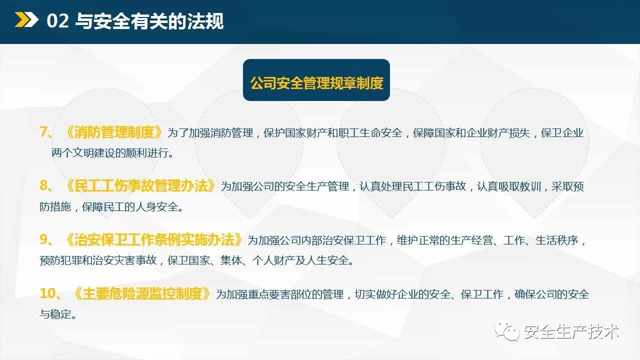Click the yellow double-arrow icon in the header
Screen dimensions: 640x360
[x=26, y=19]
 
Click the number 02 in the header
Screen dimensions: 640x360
[x=57, y=21]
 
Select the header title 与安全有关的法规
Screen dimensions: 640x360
[x=149, y=21]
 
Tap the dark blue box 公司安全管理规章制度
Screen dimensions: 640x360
[x=316, y=80]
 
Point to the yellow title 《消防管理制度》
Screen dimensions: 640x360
[x=113, y=132]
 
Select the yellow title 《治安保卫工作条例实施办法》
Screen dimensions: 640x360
[x=153, y=239]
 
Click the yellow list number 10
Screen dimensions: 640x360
[x=47, y=293]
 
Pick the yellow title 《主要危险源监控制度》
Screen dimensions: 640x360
[x=141, y=293]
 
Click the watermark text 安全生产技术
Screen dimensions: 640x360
[x=571, y=331]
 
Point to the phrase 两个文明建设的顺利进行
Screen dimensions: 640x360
[x=110, y=153]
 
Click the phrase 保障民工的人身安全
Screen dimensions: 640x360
[x=130, y=206]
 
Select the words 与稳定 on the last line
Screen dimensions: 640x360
[x=55, y=314]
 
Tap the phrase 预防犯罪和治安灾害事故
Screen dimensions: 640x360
[x=98, y=260]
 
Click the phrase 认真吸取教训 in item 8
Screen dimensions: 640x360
[x=509, y=186]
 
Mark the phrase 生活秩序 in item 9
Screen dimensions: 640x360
[x=556, y=240]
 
